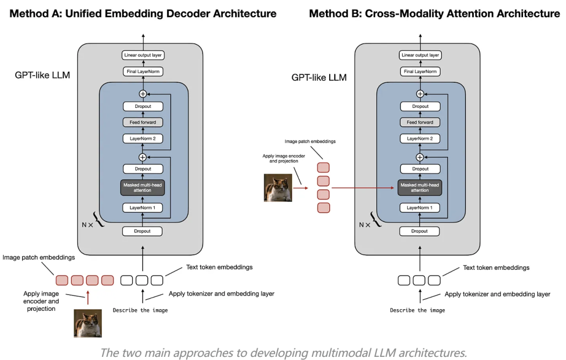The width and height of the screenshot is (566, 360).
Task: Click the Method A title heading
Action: point(143,14)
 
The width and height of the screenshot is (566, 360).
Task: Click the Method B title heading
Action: point(434,14)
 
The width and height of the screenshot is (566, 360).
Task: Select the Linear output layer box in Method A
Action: point(143,55)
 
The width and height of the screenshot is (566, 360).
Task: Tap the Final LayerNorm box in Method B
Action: point(420,71)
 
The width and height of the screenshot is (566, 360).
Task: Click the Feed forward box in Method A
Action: point(143,123)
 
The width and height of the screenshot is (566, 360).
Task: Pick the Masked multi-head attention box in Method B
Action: point(420,188)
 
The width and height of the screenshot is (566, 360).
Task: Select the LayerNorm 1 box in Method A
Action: point(143,208)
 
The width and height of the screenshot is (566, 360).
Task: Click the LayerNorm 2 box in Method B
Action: point(420,139)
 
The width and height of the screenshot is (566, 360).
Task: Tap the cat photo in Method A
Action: point(88,323)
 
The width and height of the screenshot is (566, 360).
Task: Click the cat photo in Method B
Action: point(278,188)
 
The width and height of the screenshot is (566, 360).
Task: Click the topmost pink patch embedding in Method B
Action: point(323,168)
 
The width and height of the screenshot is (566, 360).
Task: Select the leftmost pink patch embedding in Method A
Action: point(62,280)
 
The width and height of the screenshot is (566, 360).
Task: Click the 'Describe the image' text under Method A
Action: point(140,310)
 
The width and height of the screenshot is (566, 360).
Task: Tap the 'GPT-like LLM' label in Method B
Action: point(319,78)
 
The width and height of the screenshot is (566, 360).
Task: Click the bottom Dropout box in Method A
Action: point(143,231)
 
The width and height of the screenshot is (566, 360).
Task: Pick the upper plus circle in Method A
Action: point(143,94)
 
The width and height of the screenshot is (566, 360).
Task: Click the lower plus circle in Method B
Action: point(420,157)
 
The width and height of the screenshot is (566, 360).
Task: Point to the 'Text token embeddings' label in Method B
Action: point(496,268)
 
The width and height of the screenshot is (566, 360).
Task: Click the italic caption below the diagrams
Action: point(283,353)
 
